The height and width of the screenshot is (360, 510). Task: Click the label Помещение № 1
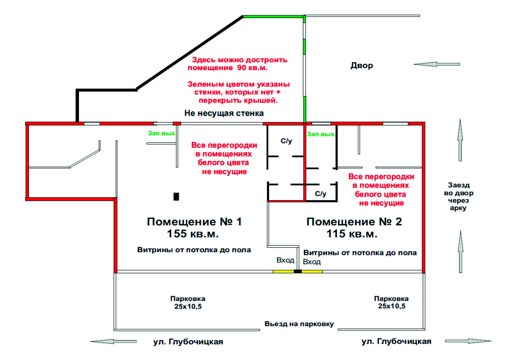click(194, 222)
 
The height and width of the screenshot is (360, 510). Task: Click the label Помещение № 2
click(354, 222)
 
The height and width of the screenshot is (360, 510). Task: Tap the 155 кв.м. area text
click(193, 234)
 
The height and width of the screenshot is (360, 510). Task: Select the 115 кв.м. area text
click(352, 234)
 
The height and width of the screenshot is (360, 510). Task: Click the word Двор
click(361, 65)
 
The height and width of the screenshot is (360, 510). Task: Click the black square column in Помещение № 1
click(176, 197)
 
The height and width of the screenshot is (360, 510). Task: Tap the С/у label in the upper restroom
click(286, 141)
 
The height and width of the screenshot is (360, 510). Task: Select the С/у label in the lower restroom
click(320, 194)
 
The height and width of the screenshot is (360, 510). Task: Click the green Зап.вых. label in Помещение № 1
click(162, 133)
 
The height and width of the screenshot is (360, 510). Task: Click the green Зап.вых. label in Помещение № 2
click(321, 134)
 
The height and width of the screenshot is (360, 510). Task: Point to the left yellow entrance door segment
click(283, 271)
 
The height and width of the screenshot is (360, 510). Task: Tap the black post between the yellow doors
click(297, 271)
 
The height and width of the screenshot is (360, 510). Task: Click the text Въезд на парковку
click(299, 324)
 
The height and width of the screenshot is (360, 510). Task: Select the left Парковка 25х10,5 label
click(188, 302)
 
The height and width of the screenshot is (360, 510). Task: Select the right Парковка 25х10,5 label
click(391, 302)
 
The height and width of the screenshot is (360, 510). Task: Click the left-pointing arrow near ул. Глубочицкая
click(113, 342)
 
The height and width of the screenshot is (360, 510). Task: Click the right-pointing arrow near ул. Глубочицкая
click(468, 341)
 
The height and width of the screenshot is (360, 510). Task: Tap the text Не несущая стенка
click(224, 113)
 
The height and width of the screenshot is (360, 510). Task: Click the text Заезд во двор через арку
click(458, 197)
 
